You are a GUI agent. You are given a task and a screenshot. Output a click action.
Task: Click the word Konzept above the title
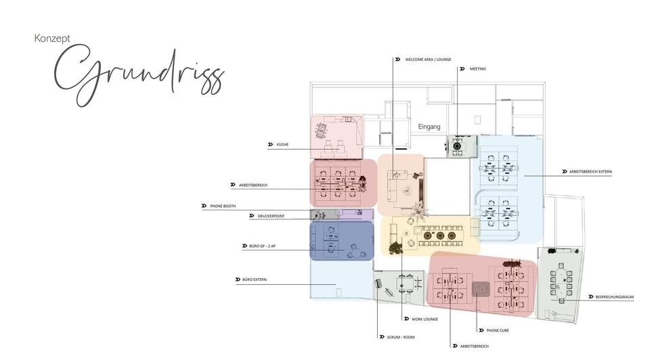point(52,39)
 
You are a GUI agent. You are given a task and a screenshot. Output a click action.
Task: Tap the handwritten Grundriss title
point(138,76)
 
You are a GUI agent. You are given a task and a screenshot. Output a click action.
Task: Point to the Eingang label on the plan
point(429,127)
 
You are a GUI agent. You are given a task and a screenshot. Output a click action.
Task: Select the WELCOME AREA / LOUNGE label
point(428,60)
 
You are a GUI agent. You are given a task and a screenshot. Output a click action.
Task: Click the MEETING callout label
point(477,69)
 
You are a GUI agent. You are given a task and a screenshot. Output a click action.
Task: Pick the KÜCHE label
point(282,145)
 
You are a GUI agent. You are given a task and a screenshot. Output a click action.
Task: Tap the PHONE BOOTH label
point(222,206)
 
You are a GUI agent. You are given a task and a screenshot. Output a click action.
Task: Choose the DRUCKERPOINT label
point(271,217)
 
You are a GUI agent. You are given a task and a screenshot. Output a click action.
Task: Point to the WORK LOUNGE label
point(425,319)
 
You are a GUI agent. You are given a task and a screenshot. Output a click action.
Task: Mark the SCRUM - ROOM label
point(400,336)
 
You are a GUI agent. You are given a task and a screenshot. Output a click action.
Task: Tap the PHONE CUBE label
point(498,331)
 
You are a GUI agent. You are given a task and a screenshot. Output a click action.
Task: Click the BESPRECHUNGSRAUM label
point(614,297)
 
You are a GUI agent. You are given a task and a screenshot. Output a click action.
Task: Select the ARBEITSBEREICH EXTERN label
point(590,172)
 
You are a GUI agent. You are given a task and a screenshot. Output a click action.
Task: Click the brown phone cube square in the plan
point(481,289)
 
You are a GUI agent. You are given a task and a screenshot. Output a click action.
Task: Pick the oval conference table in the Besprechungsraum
point(561,284)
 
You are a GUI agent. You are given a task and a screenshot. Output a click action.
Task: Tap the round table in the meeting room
point(458,145)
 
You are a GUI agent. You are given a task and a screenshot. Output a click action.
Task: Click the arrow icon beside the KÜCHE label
point(271,145)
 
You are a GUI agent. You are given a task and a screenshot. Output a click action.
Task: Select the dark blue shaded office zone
point(342,240)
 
